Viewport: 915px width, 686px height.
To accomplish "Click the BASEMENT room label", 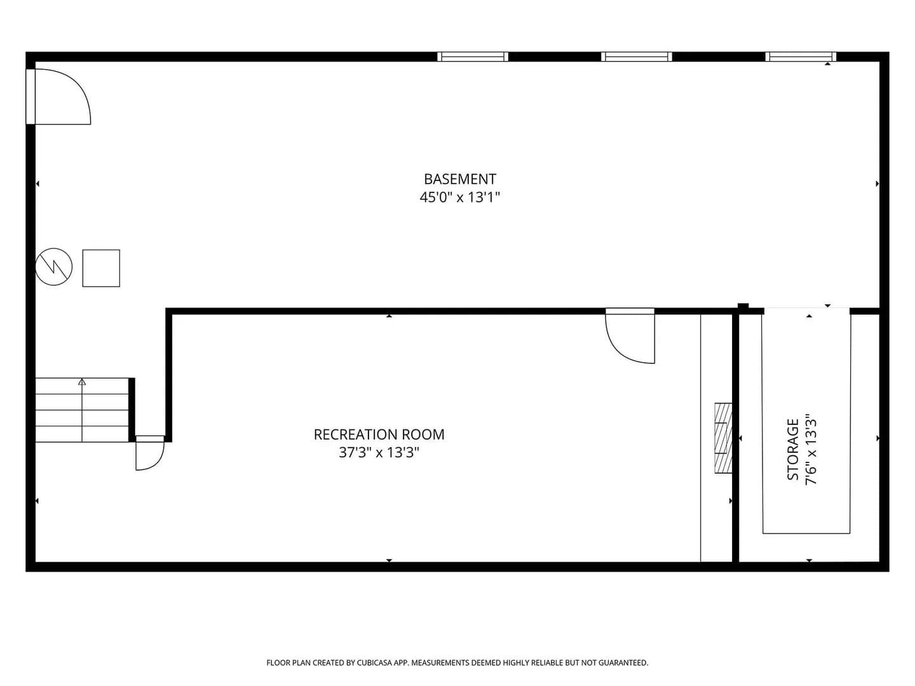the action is pyautogui.click(x=460, y=179).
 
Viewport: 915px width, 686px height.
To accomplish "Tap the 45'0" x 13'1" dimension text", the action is pyautogui.click(x=459, y=197).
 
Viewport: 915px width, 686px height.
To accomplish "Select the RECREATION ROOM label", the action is pyautogui.click(x=379, y=434).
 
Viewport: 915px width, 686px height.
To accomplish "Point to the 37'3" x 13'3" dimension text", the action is pyautogui.click(x=379, y=452).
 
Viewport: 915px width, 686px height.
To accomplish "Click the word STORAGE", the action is pyautogui.click(x=793, y=449).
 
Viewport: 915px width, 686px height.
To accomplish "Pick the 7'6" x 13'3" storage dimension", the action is pyautogui.click(x=811, y=449).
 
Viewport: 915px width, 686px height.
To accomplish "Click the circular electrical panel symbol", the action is pyautogui.click(x=54, y=267).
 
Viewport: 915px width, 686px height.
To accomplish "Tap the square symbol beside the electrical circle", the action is pyautogui.click(x=101, y=268).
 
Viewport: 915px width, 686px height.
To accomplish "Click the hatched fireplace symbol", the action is pyautogui.click(x=723, y=438).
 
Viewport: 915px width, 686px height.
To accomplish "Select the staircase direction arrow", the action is pyautogui.click(x=82, y=410).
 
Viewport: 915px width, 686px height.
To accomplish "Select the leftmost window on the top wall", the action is pyautogui.click(x=473, y=57).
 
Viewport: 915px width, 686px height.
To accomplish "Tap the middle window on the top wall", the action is pyautogui.click(x=637, y=57).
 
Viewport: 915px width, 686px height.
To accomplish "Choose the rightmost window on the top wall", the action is pyautogui.click(x=801, y=57).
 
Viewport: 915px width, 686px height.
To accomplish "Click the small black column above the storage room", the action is pyautogui.click(x=743, y=307).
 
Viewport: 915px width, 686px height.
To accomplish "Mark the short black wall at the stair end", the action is pyautogui.click(x=132, y=410).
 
